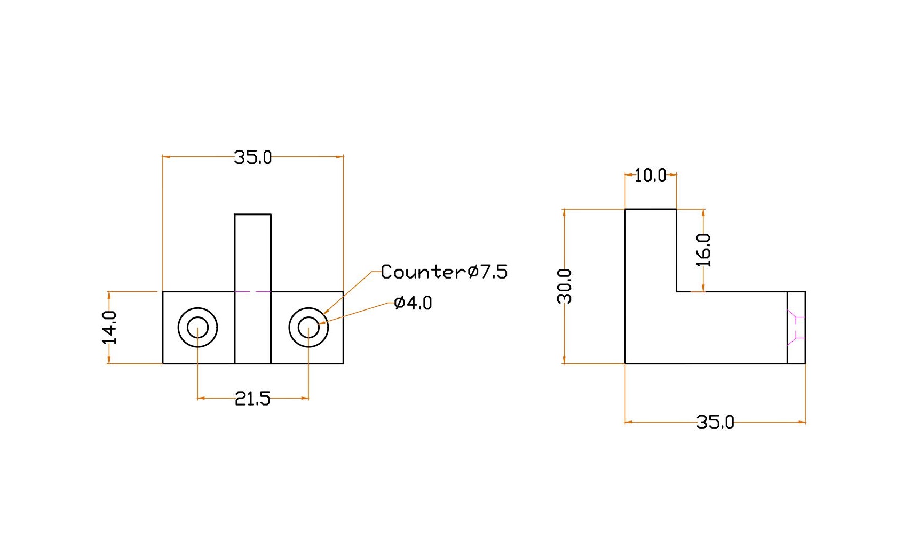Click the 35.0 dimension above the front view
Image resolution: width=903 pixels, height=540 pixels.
pyautogui.click(x=253, y=157)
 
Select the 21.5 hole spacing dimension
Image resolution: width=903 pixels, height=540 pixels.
pyautogui.click(x=252, y=398)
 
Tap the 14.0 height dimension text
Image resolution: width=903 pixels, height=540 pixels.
pyautogui.click(x=110, y=327)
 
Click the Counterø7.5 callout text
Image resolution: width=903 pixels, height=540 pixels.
pyautogui.click(x=444, y=272)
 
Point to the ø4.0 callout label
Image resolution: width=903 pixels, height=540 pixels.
pyautogui.click(x=413, y=303)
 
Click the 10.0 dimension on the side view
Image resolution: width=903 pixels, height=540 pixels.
pyautogui.click(x=650, y=175)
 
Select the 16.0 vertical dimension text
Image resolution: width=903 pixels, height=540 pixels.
pyautogui.click(x=704, y=250)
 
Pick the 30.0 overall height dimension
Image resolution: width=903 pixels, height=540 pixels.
pyautogui.click(x=565, y=286)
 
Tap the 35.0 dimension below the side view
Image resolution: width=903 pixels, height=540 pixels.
pyautogui.click(x=715, y=422)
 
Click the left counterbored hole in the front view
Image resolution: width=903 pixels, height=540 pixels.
pyautogui.click(x=197, y=327)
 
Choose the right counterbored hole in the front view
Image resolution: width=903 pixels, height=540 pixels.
pyautogui.click(x=308, y=327)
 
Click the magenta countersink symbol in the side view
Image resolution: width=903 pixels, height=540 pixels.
pyautogui.click(x=796, y=327)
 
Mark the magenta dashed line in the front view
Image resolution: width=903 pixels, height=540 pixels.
pyautogui.click(x=252, y=291)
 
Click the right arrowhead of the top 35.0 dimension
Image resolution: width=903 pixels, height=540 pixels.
pyautogui.click(x=340, y=157)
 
